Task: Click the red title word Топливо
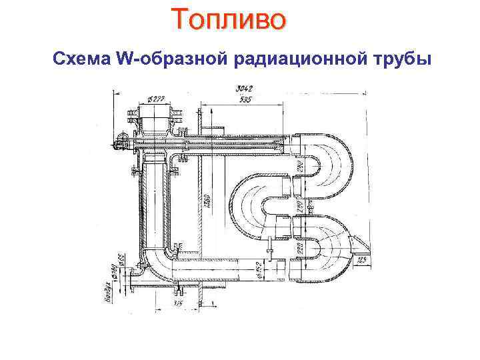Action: tap(229, 19)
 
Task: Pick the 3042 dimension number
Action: tap(243, 89)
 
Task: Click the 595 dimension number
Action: tap(246, 101)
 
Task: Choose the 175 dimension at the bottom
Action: tap(179, 304)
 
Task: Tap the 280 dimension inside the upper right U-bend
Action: tap(299, 164)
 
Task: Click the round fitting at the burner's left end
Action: tap(121, 140)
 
